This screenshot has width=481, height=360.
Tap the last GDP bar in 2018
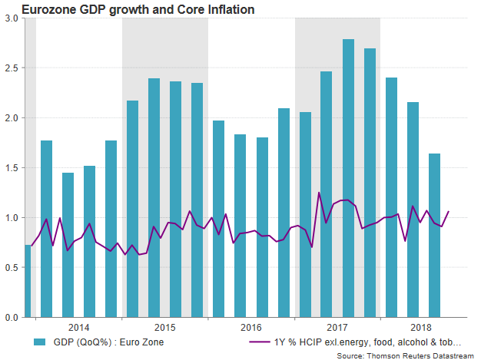[434, 235]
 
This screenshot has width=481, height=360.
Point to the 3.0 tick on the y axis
[12, 18]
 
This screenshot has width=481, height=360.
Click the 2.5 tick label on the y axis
[12, 68]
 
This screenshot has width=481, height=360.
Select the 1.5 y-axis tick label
[12, 168]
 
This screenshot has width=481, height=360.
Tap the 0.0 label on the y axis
[12, 317]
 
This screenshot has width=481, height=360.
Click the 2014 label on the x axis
[78, 326]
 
